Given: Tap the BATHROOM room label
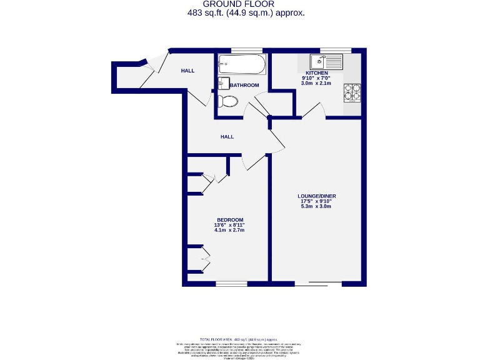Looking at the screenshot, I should (244, 85).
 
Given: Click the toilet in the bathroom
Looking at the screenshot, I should (227, 102).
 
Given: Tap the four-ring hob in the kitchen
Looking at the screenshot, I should (352, 92).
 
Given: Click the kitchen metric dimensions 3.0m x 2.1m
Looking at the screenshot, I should (316, 83).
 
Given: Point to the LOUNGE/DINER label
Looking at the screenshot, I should (316, 197).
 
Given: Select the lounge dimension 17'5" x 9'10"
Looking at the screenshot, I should (316, 202).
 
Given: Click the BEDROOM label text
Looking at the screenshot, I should (230, 219).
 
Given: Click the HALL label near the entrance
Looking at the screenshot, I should (187, 71).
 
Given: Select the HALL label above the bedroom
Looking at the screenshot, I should (227, 136).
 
